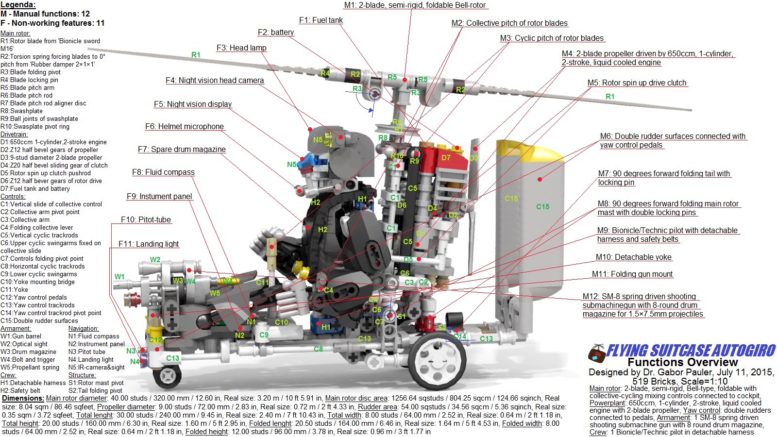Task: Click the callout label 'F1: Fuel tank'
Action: (x=321, y=20)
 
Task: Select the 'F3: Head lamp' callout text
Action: (x=241, y=48)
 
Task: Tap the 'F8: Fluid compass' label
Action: (x=163, y=172)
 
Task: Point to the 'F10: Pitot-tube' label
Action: (x=146, y=220)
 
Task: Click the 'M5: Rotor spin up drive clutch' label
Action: (x=637, y=83)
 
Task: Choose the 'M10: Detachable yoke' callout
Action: (x=633, y=257)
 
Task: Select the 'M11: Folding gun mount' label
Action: (x=632, y=274)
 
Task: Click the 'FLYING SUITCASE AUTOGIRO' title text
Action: (x=691, y=351)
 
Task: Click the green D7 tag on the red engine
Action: (x=446, y=158)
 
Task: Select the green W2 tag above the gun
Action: (x=155, y=260)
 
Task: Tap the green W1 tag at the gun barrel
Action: (x=119, y=277)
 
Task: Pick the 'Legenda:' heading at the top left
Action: (x=18, y=4)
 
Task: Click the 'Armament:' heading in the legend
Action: (x=16, y=329)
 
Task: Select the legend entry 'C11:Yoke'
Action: (x=14, y=290)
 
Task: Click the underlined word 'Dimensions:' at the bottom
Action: (x=23, y=398)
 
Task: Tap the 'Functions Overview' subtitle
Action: (x=682, y=362)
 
